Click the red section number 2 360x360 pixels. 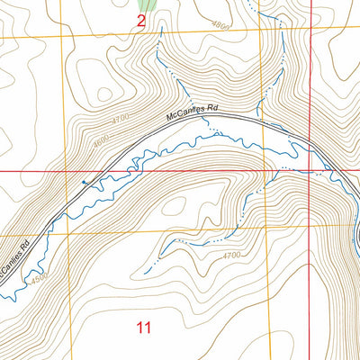[x=141, y=22]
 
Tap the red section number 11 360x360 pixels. [x=143, y=327]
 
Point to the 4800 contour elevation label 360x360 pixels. [x=222, y=27]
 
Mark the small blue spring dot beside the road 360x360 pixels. [x=85, y=182]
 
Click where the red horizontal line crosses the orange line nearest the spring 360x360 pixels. [x=62, y=170]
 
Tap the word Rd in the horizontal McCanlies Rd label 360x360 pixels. [x=212, y=109]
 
